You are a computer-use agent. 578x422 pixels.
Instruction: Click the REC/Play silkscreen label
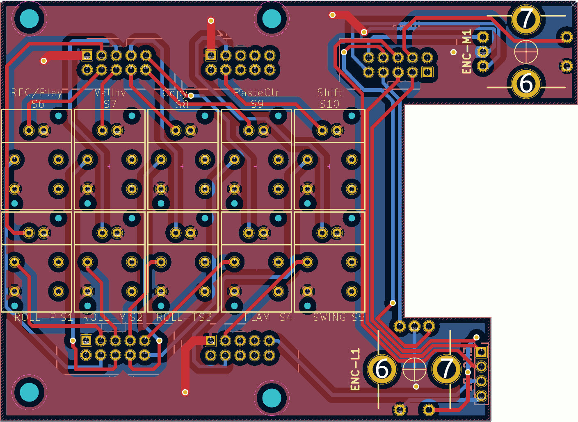point(37,93)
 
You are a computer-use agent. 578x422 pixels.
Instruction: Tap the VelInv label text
point(110,93)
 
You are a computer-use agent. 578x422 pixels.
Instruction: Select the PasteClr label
point(256,93)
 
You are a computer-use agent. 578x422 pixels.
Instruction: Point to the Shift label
point(330,93)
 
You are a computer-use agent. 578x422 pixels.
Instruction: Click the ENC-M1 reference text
point(467,52)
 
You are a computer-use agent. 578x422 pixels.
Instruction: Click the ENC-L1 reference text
point(355,369)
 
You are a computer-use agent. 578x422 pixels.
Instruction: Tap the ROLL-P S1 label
point(43,317)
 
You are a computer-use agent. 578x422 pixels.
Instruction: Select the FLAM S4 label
point(268,317)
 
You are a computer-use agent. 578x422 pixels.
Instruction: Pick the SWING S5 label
point(339,317)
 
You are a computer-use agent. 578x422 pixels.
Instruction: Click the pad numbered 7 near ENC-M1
point(526,19)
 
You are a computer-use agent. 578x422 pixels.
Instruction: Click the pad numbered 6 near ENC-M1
point(526,83)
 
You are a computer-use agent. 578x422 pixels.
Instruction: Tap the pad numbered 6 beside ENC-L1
point(382,369)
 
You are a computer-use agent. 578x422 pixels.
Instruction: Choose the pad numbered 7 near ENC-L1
point(446,369)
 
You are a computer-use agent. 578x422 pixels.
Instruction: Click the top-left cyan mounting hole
point(29,18)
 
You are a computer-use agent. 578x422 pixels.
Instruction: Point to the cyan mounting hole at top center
point(272,18)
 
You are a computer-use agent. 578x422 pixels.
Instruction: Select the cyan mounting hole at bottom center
point(272,397)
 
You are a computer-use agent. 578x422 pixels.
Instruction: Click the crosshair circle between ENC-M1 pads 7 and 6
point(526,52)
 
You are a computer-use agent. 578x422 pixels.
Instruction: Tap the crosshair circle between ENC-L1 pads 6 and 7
point(414,369)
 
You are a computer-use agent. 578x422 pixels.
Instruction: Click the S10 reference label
point(329,104)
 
